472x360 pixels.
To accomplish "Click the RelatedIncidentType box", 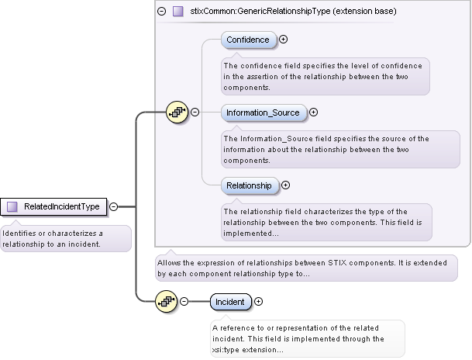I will [x=54, y=206].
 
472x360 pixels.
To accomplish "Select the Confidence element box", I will [x=248, y=40].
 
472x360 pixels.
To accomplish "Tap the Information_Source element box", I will [x=263, y=112].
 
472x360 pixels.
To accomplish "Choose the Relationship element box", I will [x=249, y=185].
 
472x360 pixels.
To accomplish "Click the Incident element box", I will [x=229, y=302].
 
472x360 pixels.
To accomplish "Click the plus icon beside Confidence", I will [x=284, y=40].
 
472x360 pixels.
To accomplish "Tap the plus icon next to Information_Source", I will [x=313, y=112].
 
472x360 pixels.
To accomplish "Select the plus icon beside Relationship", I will [x=285, y=185].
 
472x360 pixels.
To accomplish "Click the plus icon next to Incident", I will [x=259, y=302].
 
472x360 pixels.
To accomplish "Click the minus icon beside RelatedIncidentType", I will [x=114, y=206].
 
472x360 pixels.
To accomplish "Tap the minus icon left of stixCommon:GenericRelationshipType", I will [x=162, y=12].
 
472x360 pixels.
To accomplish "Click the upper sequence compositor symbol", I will [x=177, y=112].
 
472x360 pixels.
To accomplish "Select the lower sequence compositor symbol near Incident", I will [x=166, y=302].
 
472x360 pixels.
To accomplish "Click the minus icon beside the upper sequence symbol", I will [x=195, y=112].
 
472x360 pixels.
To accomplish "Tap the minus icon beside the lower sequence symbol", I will [x=184, y=302].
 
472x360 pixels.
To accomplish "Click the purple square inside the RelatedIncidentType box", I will [x=12, y=206].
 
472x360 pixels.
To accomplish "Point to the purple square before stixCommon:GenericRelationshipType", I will [x=177, y=12].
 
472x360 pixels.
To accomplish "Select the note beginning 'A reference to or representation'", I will [x=307, y=339].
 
